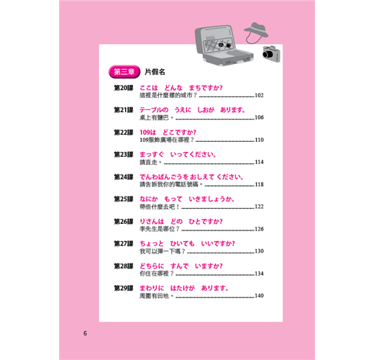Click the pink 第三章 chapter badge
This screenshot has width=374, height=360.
coord(124,72)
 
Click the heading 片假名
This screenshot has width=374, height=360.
coord(155,72)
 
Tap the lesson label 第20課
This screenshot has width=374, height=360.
coord(124,88)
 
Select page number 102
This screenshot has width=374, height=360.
coord(259,96)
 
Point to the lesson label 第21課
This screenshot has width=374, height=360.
coord(124,110)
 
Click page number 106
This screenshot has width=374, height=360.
coord(259,117)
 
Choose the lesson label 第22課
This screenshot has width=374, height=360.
coord(124,132)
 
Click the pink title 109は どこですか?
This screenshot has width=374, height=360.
coord(168,132)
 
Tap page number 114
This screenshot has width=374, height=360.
coord(259,162)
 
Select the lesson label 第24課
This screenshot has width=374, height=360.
coord(124,177)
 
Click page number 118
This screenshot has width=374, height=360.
coord(259,184)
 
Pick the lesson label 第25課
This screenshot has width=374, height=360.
coord(124,199)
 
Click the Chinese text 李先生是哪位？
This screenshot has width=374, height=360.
coord(160,229)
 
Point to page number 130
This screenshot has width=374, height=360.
coord(259,251)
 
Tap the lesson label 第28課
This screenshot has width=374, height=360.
coord(124,266)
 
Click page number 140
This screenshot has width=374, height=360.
coord(259,296)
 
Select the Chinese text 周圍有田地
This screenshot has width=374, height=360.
coord(156,296)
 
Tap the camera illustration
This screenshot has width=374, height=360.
coord(271,54)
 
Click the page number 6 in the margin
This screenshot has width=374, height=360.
coord(85,333)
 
